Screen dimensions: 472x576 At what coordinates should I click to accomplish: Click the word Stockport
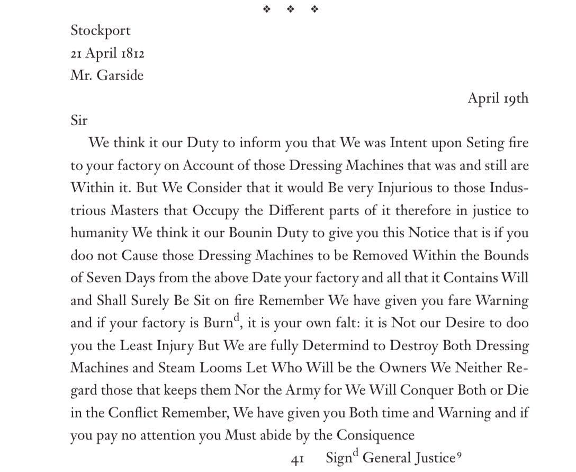[101, 31]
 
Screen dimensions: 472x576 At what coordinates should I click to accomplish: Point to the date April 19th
[498, 98]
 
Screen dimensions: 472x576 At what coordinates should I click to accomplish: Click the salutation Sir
[79, 120]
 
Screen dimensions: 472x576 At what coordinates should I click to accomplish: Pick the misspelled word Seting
[488, 143]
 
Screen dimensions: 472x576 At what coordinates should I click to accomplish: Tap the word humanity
[99, 234]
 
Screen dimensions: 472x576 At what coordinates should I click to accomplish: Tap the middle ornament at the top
[291, 9]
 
